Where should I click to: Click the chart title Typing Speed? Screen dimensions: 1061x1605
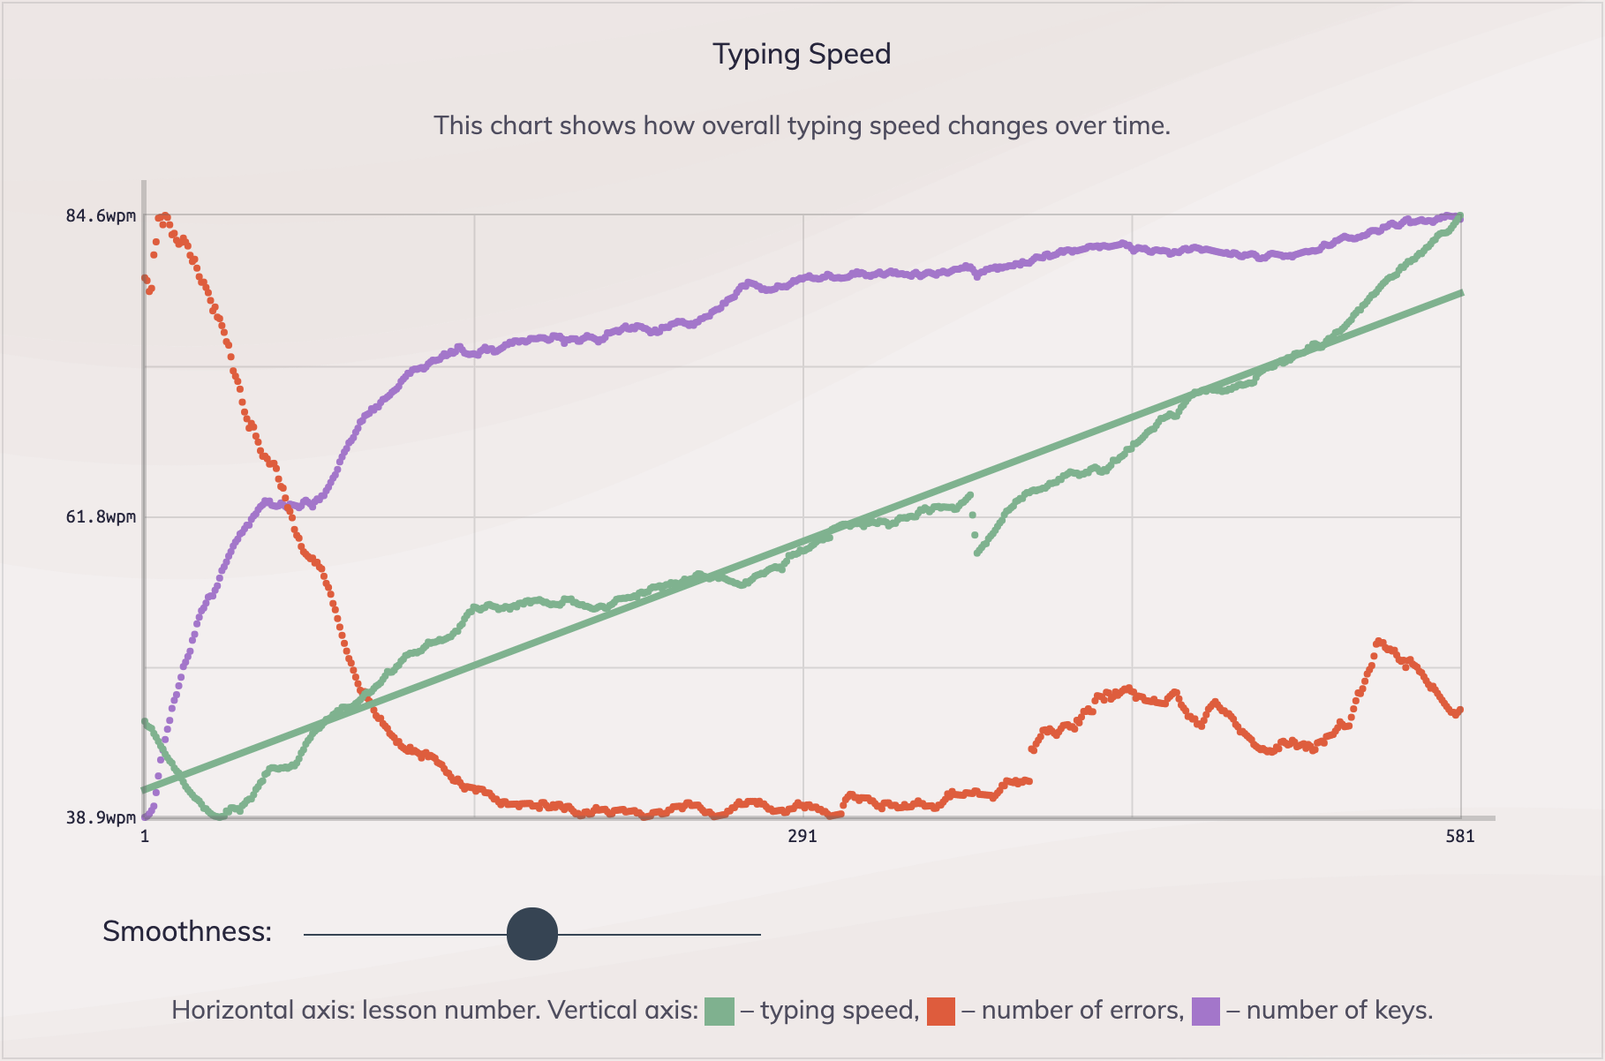[x=802, y=55]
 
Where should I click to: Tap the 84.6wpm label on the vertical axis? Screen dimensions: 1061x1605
[x=101, y=216]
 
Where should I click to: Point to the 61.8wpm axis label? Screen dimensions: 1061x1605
[x=101, y=516]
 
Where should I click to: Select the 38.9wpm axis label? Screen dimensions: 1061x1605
[x=101, y=817]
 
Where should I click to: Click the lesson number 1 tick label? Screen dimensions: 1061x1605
[x=145, y=836]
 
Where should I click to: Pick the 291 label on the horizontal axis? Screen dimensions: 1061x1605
[x=802, y=836]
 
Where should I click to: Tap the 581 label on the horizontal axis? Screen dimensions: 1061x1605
[x=1459, y=836]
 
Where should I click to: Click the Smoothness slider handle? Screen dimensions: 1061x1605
[x=532, y=934]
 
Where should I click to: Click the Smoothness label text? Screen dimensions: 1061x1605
[x=187, y=931]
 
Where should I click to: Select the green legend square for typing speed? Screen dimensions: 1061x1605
[x=720, y=1011]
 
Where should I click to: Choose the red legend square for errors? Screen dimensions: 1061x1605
[x=941, y=1011]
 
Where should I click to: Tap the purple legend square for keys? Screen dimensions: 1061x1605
[x=1206, y=1011]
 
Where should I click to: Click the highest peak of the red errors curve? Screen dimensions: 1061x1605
[x=164, y=215]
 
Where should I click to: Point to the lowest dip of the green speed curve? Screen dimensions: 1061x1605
[x=218, y=817]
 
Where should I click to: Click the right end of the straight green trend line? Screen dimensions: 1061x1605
[x=1461, y=292]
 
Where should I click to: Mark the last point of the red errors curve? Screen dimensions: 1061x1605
[x=1461, y=710]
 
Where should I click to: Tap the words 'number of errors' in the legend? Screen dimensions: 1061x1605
[x=1082, y=1011]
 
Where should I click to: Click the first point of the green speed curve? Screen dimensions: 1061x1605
[x=145, y=721]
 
